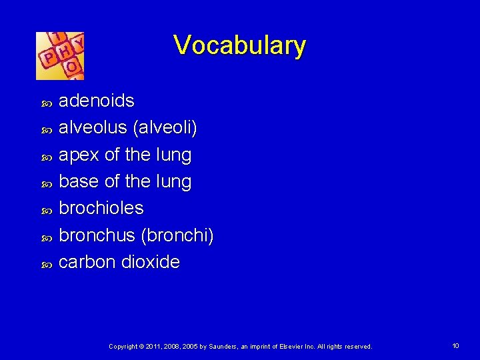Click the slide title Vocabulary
pos(239,45)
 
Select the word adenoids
pos(97,101)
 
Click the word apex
pos(79,155)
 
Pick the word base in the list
pos(80,182)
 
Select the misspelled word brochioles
pos(101,208)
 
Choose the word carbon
pos(87,262)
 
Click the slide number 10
pos(455,346)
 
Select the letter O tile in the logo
pos(71,67)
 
